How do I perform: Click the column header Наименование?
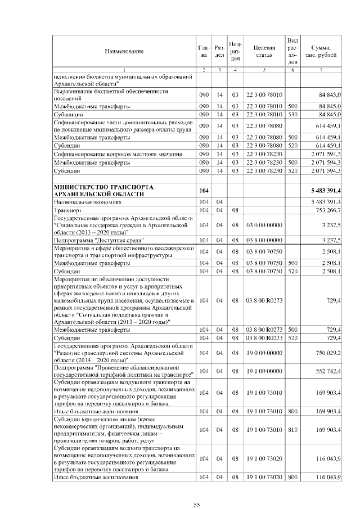click(124, 51)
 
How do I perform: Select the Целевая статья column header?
click(263, 51)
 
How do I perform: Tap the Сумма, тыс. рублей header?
click(321, 51)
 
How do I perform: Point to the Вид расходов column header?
click(292, 51)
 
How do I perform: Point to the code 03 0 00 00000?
click(264, 223)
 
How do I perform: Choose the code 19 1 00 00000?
click(264, 368)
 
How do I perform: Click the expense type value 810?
click(292, 430)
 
